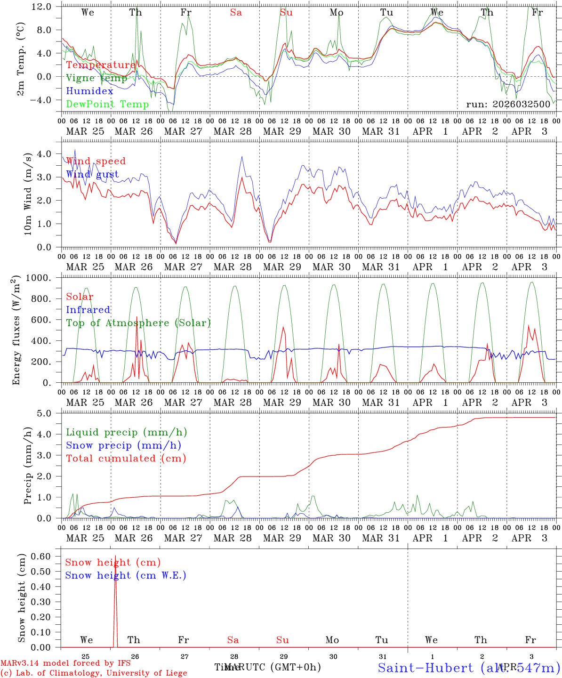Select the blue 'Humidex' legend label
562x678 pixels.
click(89, 91)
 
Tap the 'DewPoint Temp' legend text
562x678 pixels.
click(107, 105)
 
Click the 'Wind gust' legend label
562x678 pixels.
click(92, 174)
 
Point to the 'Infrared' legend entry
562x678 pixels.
click(88, 310)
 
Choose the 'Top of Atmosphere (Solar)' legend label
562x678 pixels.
click(138, 323)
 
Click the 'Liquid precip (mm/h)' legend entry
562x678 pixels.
click(127, 432)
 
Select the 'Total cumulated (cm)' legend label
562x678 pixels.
click(126, 459)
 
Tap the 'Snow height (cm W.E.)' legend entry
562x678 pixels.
click(126, 575)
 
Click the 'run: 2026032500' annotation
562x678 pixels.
click(508, 104)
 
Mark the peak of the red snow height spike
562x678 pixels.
click(115, 557)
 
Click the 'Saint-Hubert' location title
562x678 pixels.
click(425, 668)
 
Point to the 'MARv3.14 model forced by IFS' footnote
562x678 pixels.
click(65, 663)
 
